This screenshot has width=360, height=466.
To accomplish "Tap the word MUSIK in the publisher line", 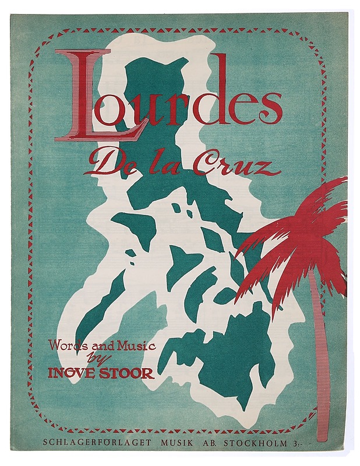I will (x=180, y=443).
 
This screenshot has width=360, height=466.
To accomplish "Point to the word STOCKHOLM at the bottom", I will (x=259, y=443).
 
